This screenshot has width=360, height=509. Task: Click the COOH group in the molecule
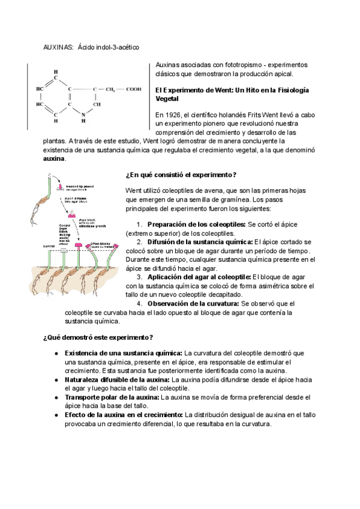(x=133, y=89)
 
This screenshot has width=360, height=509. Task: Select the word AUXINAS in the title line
(x=58, y=47)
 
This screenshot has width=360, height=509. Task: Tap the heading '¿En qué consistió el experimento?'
(x=181, y=175)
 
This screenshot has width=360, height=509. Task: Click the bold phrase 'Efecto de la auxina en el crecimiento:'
(x=123, y=415)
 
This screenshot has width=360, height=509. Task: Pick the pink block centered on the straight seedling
(x=78, y=245)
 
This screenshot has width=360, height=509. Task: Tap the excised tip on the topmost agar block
(x=61, y=186)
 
